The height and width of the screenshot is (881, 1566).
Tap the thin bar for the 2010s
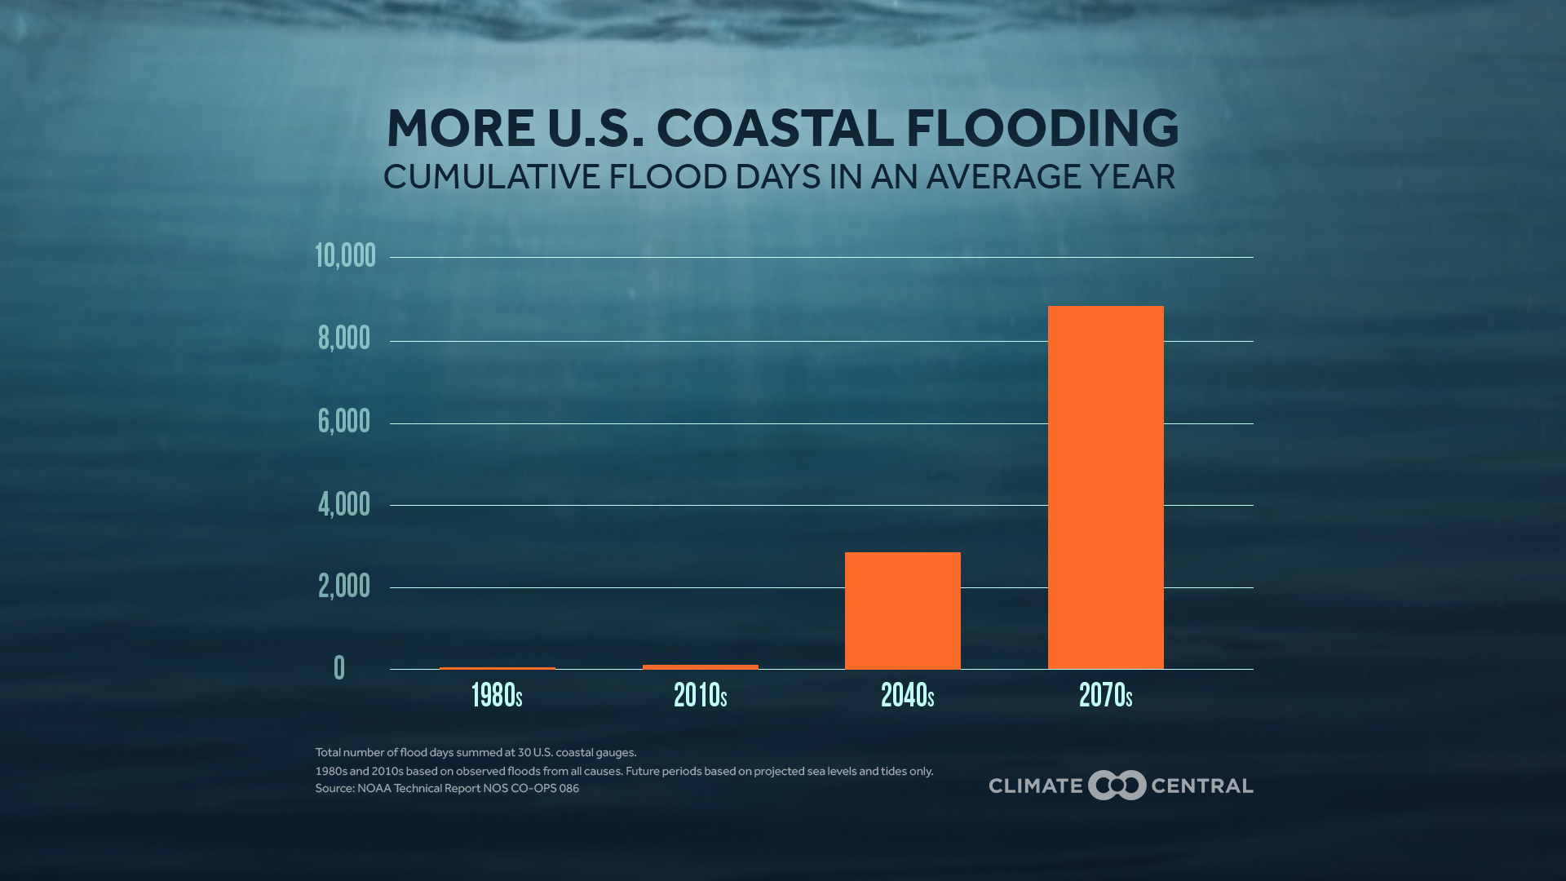700,667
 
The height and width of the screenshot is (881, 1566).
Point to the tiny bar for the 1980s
497,668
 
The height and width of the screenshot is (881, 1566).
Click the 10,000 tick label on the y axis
345,256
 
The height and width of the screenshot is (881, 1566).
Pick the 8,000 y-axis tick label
344,339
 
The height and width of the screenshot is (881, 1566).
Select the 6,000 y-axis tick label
344,422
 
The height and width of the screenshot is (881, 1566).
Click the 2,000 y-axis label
344,587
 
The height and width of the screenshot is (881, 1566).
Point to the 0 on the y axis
339,668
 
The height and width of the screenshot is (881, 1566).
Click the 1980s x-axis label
497,696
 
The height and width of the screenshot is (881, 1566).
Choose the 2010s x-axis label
700,696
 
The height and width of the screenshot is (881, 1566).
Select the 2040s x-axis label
907,696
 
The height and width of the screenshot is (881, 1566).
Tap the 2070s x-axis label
1105,696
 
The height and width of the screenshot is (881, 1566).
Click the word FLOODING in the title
1042,129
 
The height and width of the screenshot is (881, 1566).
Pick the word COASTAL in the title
774,129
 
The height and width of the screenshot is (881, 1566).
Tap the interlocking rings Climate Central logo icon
1117,786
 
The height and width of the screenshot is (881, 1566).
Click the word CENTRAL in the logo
1201,786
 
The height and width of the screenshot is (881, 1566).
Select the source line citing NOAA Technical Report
447,789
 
